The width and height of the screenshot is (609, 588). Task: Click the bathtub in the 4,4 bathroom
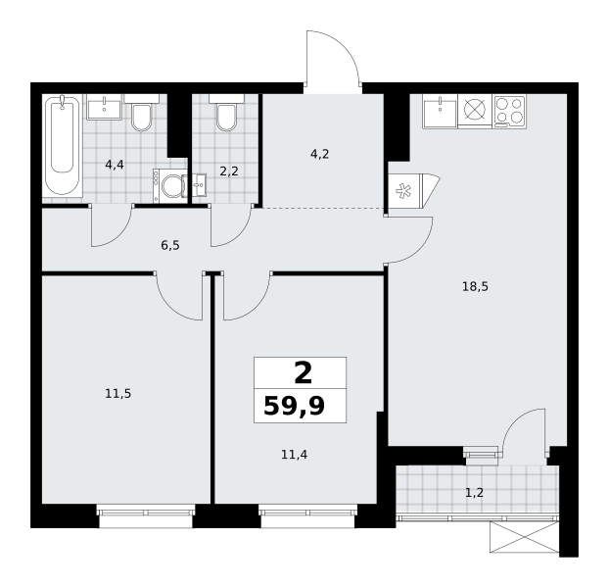point(63,146)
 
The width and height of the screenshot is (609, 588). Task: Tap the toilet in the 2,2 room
point(226,113)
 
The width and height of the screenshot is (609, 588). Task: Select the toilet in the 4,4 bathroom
point(141,113)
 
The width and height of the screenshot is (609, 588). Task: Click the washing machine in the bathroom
point(170,186)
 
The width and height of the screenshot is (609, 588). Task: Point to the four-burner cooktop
point(509,112)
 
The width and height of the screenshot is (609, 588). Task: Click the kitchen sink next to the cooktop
point(440,112)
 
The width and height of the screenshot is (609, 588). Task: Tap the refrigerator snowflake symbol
point(404,191)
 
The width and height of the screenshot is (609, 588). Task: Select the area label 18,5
point(475,287)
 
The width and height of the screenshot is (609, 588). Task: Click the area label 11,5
point(118,394)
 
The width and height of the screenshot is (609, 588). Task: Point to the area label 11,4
point(294,455)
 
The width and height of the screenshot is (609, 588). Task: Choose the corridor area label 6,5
point(170,246)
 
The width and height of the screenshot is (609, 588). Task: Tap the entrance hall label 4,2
point(319,155)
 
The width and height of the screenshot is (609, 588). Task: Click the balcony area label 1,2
point(474,493)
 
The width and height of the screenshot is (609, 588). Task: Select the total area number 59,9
point(294,407)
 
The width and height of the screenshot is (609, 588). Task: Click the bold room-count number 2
point(304,373)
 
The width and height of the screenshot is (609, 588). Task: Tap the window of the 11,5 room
point(146,515)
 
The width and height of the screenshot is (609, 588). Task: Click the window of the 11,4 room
point(307,515)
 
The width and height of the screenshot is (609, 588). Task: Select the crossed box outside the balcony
point(525,537)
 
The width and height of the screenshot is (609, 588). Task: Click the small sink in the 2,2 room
point(200,185)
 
